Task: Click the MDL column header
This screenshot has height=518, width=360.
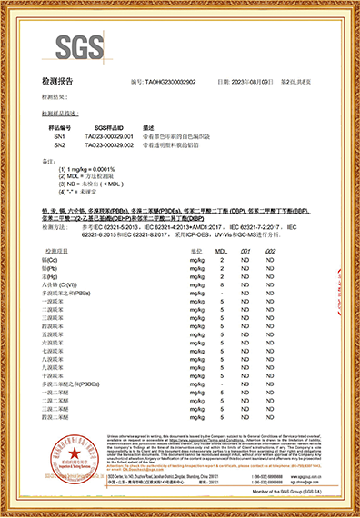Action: tap(220, 249)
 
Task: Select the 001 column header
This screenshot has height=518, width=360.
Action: tap(245, 249)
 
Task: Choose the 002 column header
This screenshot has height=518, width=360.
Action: tap(270, 249)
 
